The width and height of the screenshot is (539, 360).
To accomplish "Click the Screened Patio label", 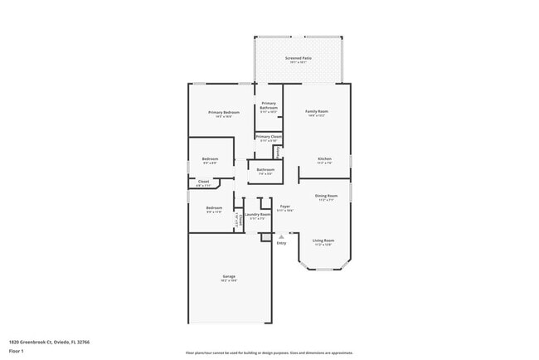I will (x=297, y=58).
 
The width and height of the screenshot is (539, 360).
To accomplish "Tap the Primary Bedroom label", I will (x=224, y=112).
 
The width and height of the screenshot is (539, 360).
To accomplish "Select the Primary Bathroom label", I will (x=268, y=105).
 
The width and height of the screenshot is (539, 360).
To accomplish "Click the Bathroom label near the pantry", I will (x=265, y=170).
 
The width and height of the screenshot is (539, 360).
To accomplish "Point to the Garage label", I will (x=228, y=276).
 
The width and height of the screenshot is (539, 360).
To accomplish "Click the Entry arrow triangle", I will (x=281, y=236).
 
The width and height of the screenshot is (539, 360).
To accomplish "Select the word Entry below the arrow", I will (x=281, y=243).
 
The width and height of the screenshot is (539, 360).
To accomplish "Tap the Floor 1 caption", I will (x=17, y=351).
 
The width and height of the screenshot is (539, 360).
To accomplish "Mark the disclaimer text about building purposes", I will (x=269, y=353).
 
